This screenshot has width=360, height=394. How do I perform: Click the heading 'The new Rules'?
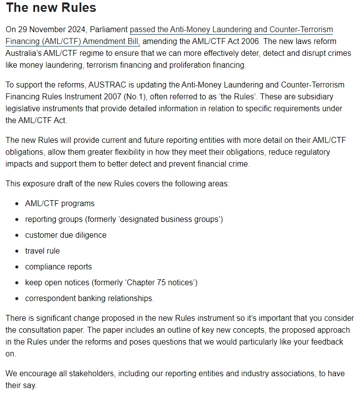click(x=51, y=8)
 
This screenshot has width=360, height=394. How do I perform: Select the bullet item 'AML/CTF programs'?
click(x=60, y=203)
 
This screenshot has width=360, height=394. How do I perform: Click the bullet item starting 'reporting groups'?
click(x=124, y=219)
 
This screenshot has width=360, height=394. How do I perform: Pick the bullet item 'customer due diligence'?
click(x=66, y=235)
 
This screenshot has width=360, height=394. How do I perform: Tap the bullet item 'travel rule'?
click(x=42, y=251)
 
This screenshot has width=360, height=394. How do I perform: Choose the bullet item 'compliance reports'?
click(x=58, y=266)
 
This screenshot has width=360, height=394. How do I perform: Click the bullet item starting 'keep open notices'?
click(x=111, y=282)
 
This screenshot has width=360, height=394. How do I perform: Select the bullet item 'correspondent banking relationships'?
click(x=89, y=298)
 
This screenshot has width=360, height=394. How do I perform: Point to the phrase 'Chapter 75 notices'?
click(x=161, y=282)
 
